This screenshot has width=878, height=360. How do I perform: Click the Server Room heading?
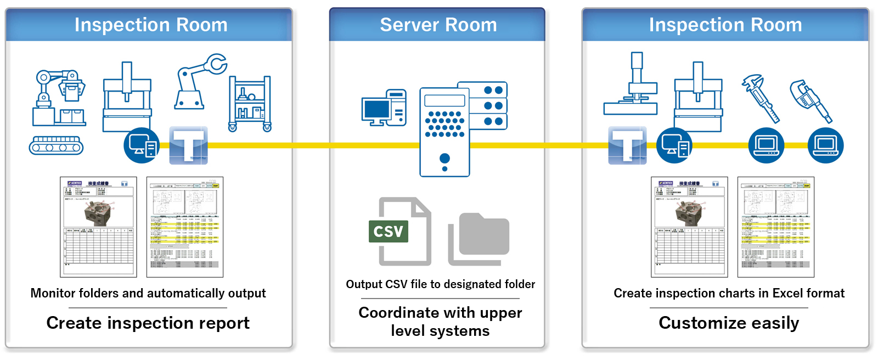coord(438,25)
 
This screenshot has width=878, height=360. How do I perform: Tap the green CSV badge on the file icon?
coord(389,231)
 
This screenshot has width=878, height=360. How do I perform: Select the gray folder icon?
coord(479,239)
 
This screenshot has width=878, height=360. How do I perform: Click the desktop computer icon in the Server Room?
coord(384,108)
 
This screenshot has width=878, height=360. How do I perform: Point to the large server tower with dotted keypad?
coord(444,132)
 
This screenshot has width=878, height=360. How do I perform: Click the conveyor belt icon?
coord(56,145)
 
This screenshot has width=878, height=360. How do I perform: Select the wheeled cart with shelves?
coord(250,104)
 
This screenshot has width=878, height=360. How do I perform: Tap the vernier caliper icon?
coord(761,98)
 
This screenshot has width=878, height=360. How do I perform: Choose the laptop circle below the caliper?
coord(767,145)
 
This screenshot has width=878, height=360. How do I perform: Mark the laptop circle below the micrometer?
coord(825,145)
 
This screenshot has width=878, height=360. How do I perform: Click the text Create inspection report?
coord(148,323)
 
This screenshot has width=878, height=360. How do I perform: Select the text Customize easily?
coord(728,323)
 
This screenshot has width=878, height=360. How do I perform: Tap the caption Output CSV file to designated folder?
coord(440,284)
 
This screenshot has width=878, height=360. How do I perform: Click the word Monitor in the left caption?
coord(53,293)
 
